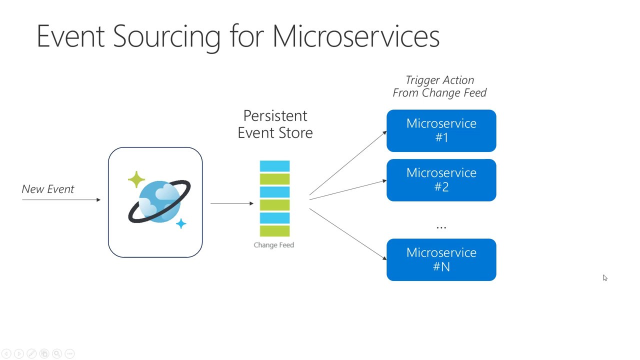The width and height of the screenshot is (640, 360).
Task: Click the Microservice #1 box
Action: click(x=441, y=130)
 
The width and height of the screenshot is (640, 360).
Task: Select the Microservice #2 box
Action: click(x=441, y=180)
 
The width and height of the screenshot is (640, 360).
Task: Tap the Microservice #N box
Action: click(x=441, y=259)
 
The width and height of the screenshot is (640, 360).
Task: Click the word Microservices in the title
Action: click(x=355, y=36)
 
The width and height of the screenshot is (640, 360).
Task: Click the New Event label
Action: click(x=48, y=189)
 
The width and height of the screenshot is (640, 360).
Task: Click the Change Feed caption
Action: click(x=273, y=245)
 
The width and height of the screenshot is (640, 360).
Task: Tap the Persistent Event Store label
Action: click(x=275, y=124)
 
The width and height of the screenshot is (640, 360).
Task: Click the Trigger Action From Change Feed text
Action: click(x=439, y=86)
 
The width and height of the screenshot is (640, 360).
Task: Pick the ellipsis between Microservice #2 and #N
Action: click(x=441, y=227)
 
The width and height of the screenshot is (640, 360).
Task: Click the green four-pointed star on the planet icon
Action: click(x=136, y=179)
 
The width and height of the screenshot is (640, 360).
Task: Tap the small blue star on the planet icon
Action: click(x=181, y=223)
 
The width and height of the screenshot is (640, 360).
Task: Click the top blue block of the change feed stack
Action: click(x=274, y=166)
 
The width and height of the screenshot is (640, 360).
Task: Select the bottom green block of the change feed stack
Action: click(x=274, y=230)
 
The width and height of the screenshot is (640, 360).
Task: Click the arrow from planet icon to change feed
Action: click(x=231, y=203)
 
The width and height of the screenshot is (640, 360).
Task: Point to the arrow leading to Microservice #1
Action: click(x=347, y=163)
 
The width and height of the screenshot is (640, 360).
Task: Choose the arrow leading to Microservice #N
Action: click(x=347, y=233)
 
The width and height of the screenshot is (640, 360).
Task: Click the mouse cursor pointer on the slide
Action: click(x=605, y=278)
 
